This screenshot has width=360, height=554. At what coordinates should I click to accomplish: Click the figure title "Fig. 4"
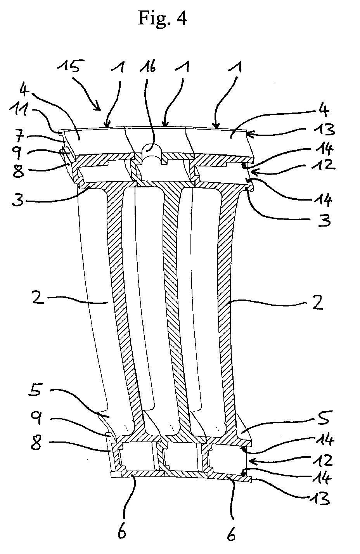[162, 18]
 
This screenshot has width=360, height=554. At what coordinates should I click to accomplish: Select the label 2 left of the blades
[38, 299]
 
